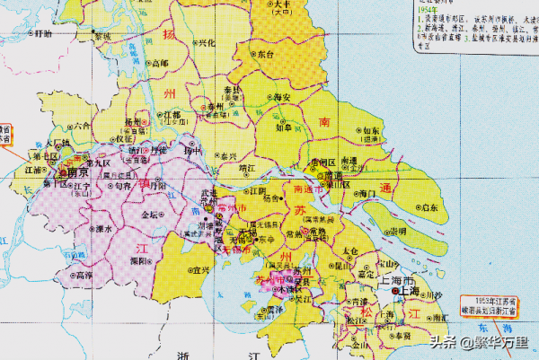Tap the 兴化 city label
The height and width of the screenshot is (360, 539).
[x=206, y=42]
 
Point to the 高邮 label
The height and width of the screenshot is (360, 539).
[x=160, y=63]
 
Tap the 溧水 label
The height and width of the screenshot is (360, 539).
[x=103, y=228]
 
